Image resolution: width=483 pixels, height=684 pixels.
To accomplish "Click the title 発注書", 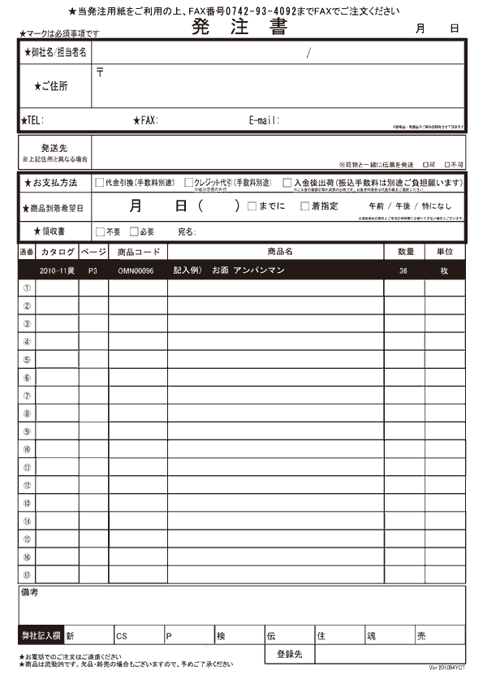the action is tap(239, 27).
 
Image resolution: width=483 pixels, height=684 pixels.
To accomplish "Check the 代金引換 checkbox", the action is tap(100, 183).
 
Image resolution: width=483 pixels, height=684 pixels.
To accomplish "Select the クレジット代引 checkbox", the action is tap(189, 183).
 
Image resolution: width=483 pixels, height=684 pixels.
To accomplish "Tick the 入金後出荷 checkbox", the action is tap(287, 183).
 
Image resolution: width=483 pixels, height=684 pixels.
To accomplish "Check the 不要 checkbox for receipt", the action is tap(100, 232).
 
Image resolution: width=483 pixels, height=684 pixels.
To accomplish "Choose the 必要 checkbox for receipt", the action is tap(134, 232).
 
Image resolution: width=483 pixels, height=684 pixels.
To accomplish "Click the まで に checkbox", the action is tap(252, 206).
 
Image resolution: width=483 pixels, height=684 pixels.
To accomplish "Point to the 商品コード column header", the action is tap(138, 253).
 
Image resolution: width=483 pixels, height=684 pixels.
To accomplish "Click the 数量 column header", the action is tap(404, 253).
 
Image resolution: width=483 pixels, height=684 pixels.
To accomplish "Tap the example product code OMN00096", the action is tap(136, 271).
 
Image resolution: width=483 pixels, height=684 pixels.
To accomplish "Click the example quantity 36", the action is tap(403, 271).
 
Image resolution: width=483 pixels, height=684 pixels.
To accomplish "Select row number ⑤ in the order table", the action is tap(27, 359).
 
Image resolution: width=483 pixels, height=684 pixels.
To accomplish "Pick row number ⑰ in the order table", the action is tap(27, 574).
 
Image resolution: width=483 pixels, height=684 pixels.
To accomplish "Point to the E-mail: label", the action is tap(265, 120).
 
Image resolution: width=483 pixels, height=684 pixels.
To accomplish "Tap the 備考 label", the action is tap(28, 593).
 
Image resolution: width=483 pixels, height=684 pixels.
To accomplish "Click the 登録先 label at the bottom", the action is tap(290, 654).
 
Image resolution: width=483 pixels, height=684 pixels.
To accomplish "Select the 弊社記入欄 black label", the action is tap(41, 635).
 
